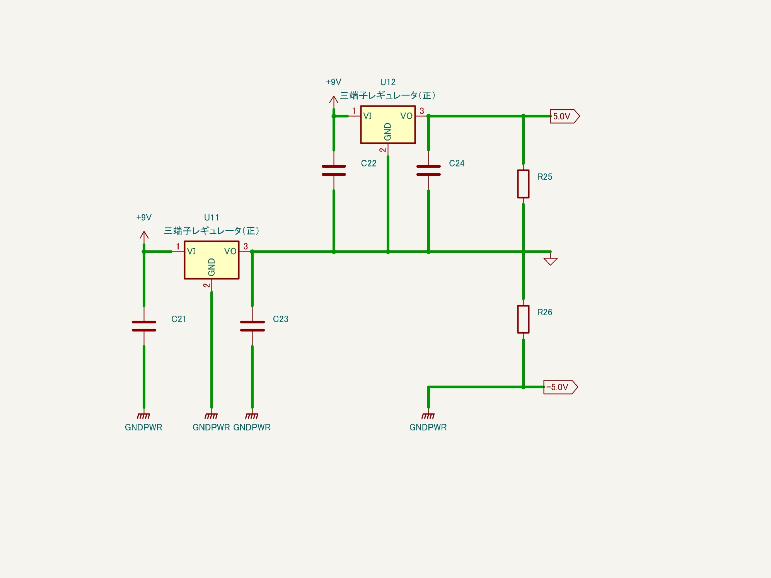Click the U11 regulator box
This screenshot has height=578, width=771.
212,260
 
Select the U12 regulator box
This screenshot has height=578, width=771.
388,124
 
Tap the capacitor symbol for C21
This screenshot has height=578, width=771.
144,326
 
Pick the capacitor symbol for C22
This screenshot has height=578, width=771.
334,170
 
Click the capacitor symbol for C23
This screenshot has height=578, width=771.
252,326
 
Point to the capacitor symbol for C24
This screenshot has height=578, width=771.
428,170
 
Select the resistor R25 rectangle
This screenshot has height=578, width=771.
523,184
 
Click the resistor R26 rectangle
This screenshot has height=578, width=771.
523,319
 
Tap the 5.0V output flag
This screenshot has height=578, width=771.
564,116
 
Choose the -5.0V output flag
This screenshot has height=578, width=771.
560,387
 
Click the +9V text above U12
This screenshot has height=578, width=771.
333,82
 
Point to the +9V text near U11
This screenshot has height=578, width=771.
144,218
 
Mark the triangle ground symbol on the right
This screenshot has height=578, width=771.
550,261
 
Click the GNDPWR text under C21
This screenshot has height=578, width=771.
143,427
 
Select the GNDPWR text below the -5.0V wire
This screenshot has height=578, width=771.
428,427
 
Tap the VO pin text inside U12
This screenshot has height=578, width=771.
406,116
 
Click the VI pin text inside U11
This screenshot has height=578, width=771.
191,252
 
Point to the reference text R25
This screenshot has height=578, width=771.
544,177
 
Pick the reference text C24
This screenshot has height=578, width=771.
457,163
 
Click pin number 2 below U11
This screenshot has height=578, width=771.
206,285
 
